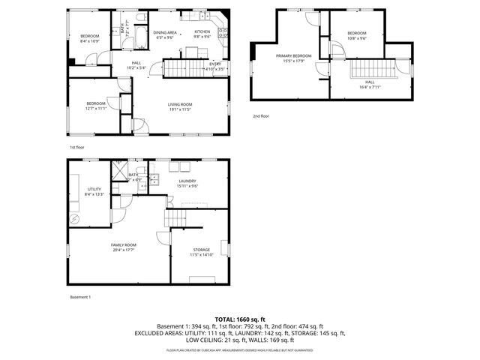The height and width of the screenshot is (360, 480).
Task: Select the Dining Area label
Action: tap(165, 33)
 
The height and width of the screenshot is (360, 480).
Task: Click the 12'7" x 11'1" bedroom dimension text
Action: tap(95, 108)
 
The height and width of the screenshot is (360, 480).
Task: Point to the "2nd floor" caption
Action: tap(260, 116)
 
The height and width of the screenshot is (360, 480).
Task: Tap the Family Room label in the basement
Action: tap(124, 245)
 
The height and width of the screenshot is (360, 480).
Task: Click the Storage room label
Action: tap(201, 250)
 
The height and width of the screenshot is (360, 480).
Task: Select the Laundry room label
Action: tap(187, 181)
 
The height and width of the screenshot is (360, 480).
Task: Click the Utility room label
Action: tap(94, 189)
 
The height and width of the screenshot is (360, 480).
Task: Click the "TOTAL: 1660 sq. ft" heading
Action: tap(239, 319)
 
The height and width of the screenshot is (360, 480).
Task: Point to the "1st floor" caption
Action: tap(76, 147)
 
